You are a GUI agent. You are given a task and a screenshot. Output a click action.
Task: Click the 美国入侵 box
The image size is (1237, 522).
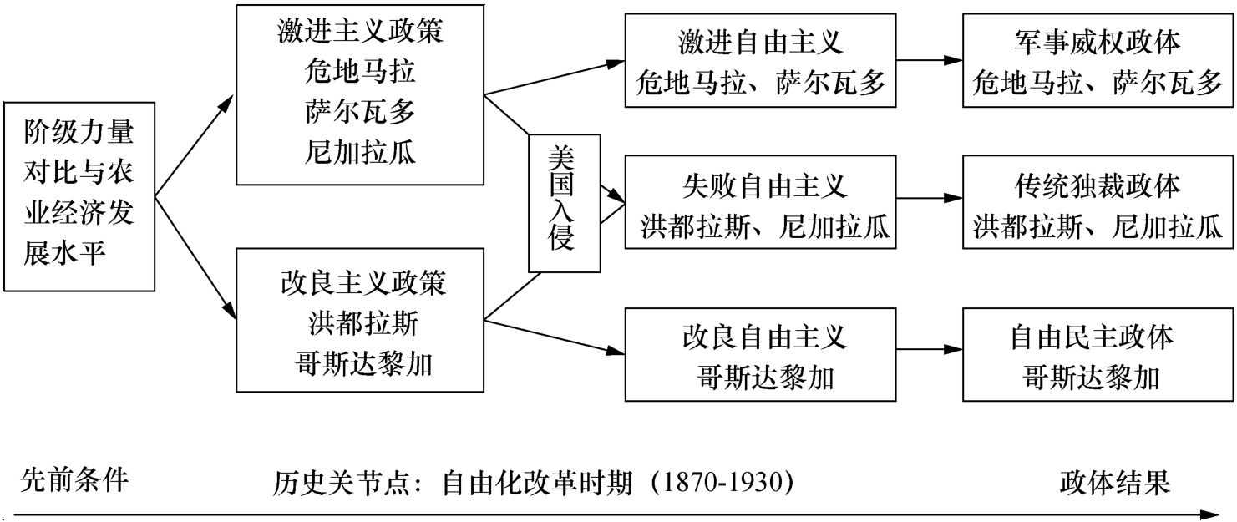tap(564, 203)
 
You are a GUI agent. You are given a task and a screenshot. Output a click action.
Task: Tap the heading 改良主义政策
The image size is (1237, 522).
tap(362, 283)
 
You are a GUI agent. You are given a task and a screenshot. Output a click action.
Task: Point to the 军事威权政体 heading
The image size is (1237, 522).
tap(1098, 42)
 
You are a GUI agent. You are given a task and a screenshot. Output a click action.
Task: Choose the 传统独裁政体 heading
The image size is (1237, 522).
tap(1098, 185)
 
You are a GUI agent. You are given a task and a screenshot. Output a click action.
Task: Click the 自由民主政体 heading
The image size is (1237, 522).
tap(1092, 337)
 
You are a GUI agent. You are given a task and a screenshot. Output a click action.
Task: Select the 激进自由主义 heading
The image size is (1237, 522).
tap(760, 42)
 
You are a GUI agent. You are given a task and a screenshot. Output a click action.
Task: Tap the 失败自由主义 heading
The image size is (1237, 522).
tap(765, 185)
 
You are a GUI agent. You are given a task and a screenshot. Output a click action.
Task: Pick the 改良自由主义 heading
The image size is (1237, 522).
tap(765, 337)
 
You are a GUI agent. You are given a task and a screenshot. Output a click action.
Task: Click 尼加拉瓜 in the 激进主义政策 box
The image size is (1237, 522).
tap(360, 152)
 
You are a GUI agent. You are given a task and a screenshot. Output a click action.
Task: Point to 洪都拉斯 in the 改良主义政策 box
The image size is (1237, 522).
tap(363, 323)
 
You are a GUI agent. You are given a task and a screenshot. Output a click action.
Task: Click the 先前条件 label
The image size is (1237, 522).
tap(74, 480)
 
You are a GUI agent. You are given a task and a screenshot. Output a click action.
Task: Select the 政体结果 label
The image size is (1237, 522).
tap(1115, 481)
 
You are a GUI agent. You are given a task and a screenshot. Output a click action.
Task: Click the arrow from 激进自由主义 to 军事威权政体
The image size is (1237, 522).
tap(929, 60)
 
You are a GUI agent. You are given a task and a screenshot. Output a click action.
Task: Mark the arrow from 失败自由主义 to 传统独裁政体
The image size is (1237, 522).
tap(929, 198)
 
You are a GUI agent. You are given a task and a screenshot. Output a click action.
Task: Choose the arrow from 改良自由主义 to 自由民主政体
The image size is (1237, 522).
tap(929, 349)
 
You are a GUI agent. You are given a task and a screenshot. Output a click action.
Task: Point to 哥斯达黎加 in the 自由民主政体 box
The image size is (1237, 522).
tap(1091, 378)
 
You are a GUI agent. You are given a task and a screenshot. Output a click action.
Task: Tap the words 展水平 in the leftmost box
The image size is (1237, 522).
tap(64, 254)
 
